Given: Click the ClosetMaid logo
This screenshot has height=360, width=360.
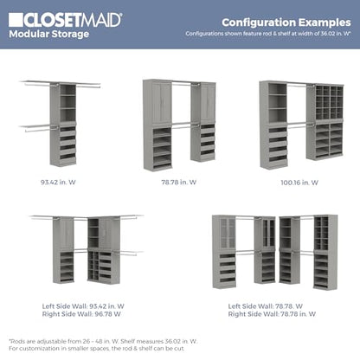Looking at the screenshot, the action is (65, 20).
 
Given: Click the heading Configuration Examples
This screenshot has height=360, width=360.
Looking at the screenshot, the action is (286, 22).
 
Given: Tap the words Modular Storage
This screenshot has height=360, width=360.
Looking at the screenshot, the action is (49, 34).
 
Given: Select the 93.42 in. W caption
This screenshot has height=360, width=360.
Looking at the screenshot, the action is (58, 183).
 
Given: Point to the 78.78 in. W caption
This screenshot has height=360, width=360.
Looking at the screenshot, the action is (179, 183).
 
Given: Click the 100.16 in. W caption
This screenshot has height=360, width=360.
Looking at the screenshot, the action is (299, 183).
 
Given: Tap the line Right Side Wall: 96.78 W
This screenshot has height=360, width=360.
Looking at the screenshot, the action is (81, 314).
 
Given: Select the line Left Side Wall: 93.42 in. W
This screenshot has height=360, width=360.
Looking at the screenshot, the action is (83, 306).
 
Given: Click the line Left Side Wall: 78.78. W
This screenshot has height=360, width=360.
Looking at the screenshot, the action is (266, 306).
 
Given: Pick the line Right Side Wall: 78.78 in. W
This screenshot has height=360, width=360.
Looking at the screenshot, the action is (272, 314).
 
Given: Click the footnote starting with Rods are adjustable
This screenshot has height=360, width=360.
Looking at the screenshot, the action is (103, 341).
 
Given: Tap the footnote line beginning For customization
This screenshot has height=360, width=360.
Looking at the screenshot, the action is (97, 349).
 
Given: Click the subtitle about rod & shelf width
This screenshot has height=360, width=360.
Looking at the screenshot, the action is (268, 34).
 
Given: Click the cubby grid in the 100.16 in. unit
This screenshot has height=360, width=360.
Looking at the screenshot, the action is (329, 102).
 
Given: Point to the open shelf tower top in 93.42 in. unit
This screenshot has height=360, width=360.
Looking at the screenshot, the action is (67, 103).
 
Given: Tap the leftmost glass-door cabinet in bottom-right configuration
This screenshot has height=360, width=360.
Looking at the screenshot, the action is (228, 233).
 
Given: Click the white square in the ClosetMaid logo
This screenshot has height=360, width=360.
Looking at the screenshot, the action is (16, 20).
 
